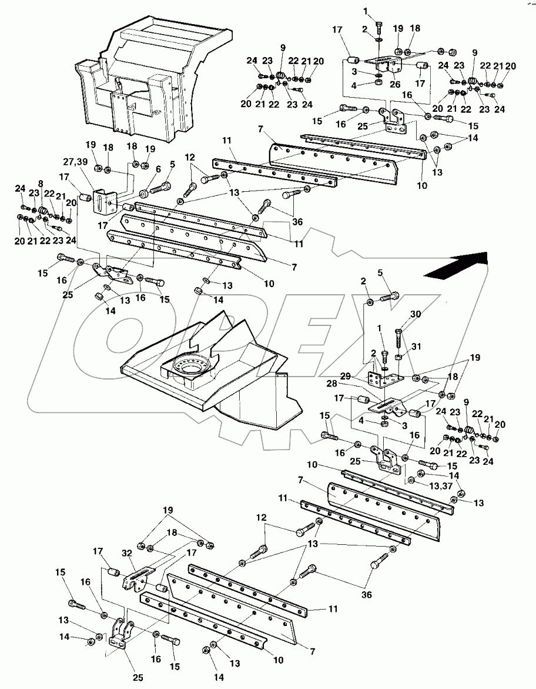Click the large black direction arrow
[x=457, y=266]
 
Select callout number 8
[x=40, y=184]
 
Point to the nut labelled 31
[x=398, y=357]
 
